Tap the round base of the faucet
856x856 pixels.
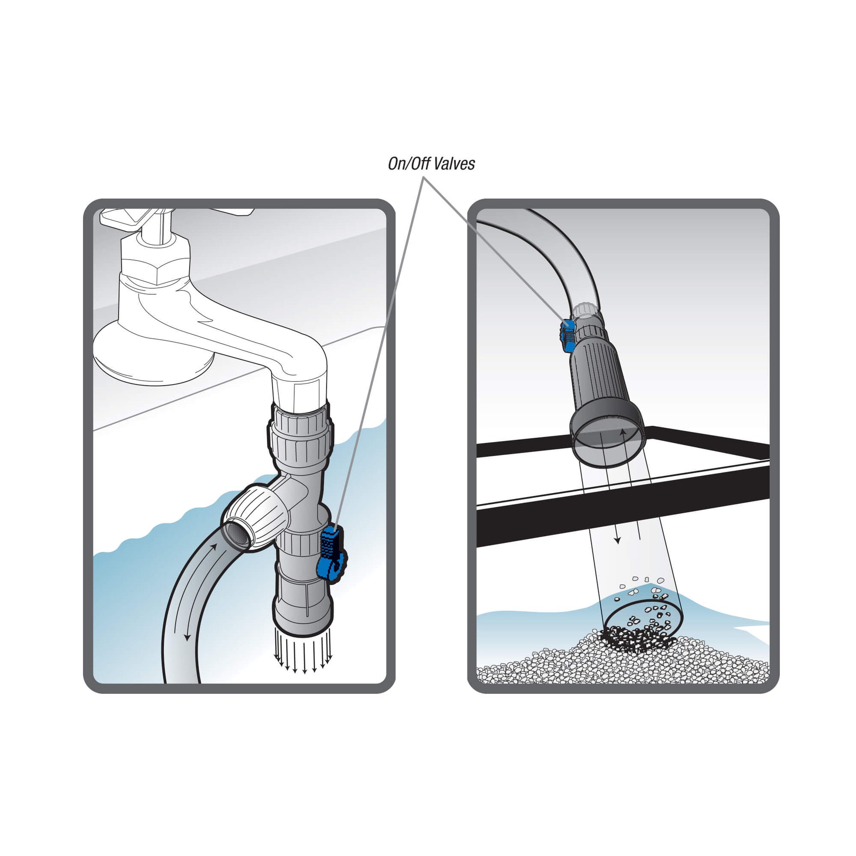coord(146,355)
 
